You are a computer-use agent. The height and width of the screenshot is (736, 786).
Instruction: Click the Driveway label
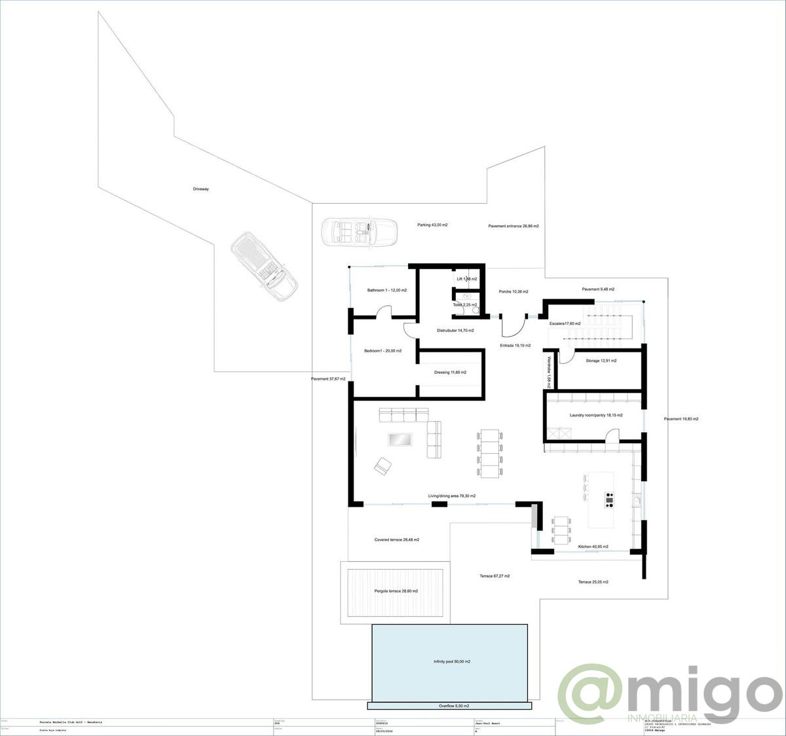tap(201, 189)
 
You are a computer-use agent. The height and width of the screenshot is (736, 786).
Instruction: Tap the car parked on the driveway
tap(265, 266)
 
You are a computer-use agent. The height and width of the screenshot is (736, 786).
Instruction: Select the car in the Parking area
tap(359, 232)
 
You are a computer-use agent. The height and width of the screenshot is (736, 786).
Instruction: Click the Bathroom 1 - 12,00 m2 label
tap(386, 290)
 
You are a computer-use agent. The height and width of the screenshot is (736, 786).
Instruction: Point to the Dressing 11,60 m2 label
tap(450, 373)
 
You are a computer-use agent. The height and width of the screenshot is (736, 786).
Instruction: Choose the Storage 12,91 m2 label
tap(601, 361)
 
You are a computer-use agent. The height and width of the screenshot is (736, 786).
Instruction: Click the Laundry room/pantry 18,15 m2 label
tap(596, 415)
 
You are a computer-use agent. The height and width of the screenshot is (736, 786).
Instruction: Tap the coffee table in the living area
tap(400, 439)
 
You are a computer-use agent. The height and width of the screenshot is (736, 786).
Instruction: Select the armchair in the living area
tap(383, 466)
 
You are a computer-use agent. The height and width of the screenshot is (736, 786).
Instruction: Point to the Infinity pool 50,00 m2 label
tap(451, 662)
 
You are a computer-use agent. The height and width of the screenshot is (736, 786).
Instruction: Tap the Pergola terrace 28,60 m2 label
tap(396, 591)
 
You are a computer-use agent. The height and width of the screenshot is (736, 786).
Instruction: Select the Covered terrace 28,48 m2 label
tap(396, 540)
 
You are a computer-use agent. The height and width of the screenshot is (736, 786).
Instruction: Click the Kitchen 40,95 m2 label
tap(593, 546)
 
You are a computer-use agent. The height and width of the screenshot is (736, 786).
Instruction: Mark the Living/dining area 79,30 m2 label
tap(452, 496)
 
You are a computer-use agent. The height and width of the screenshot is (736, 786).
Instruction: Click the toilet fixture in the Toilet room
tap(467, 296)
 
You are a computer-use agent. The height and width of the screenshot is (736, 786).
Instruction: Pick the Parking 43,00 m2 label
tap(432, 225)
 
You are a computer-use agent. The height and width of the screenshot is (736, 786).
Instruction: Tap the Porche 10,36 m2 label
tap(513, 291)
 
